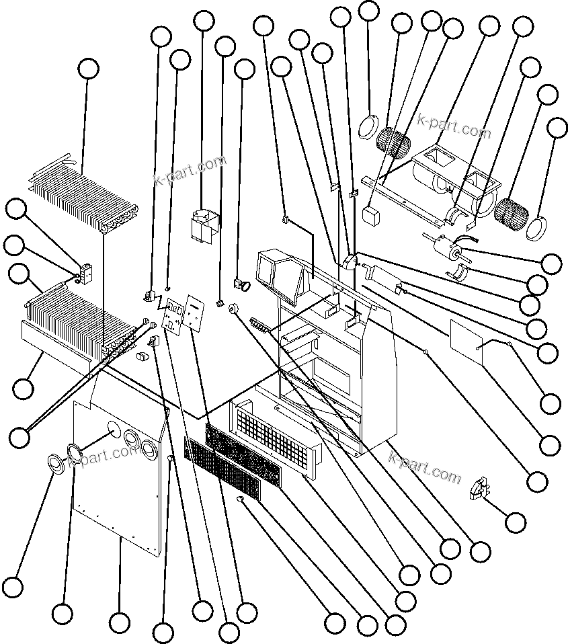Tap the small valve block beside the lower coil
(x=85, y=273)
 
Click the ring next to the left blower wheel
(x=368, y=126)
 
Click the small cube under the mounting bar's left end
(x=371, y=215)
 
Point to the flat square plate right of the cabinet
(x=467, y=336)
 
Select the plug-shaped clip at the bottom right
(x=478, y=487)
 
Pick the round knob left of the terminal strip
(x=235, y=308)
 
